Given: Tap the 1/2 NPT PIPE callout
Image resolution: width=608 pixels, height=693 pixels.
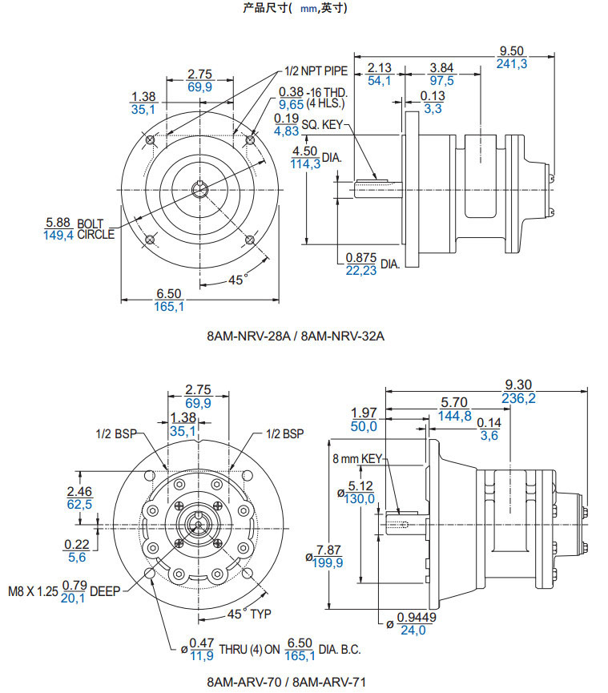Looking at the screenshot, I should coord(316,71).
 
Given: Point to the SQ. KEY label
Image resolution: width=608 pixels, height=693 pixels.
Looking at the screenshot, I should coord(322,125).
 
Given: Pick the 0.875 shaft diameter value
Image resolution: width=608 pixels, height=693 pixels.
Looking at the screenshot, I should coord(360,257).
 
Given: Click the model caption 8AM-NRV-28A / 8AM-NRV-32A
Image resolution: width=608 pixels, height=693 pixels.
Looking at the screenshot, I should coord(296,336).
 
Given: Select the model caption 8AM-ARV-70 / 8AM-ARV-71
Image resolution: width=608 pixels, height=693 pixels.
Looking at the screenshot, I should coord(286,682).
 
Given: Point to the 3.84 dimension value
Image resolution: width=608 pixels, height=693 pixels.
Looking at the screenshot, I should coord(441,66).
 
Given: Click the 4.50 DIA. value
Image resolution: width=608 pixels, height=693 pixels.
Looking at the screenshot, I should coord(305,151).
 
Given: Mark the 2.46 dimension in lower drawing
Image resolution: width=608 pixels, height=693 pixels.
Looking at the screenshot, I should coord(79,491).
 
